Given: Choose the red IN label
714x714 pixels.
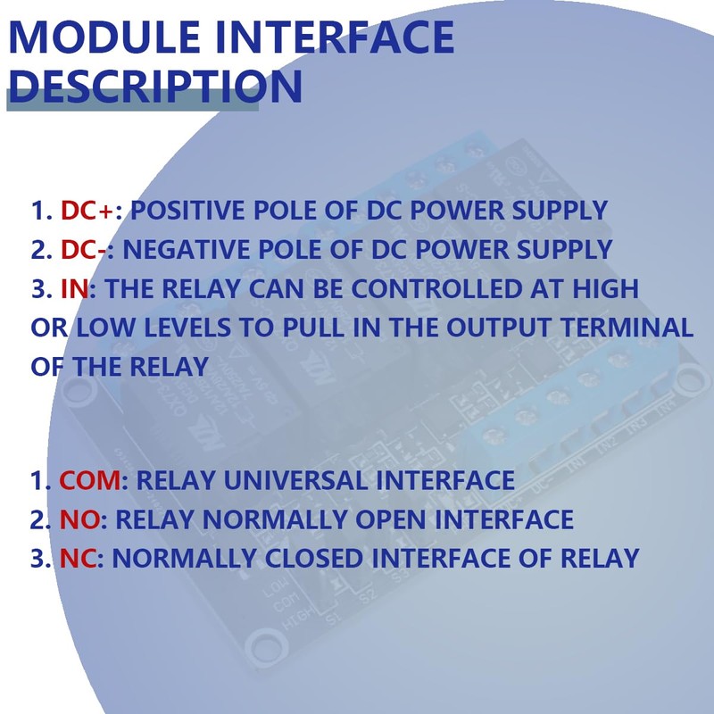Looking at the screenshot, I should point(75,289).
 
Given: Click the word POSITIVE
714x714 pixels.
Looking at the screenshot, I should point(187,212).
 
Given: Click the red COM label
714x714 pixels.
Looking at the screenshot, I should point(89,481).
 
